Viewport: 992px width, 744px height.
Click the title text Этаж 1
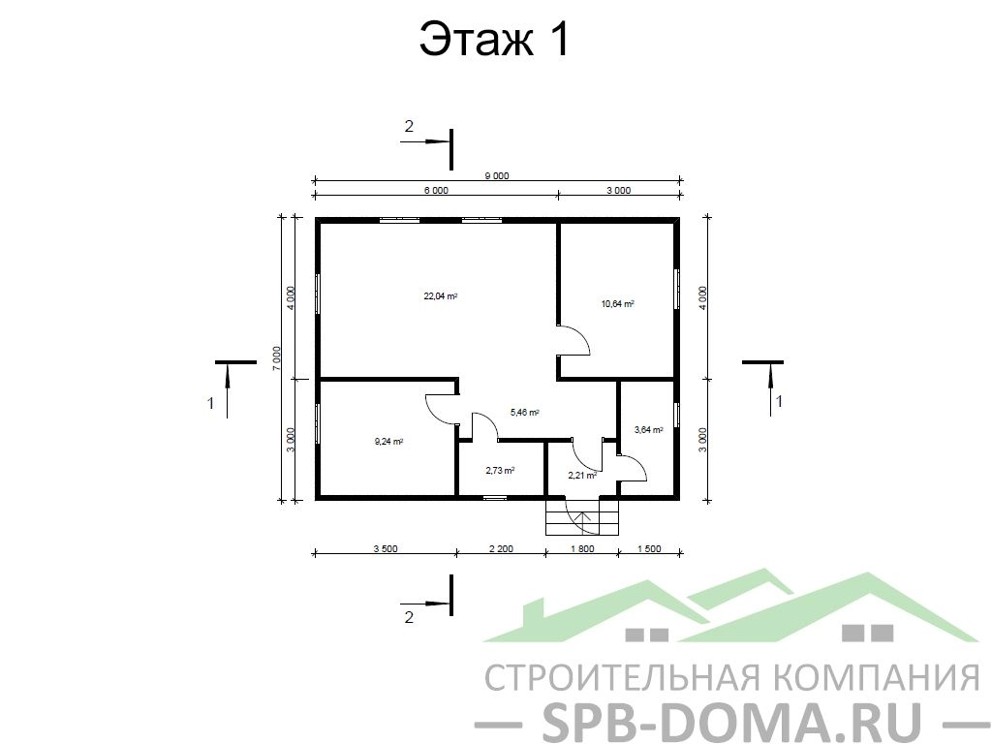click(x=495, y=39)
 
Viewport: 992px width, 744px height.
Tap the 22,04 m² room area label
click(x=441, y=295)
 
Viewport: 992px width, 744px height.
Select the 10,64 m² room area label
click(x=617, y=303)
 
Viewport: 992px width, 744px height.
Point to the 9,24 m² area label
click(x=389, y=442)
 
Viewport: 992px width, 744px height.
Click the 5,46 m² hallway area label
click(x=524, y=413)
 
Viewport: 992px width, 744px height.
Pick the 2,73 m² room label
click(x=500, y=470)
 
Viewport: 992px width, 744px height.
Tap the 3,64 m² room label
click(x=648, y=430)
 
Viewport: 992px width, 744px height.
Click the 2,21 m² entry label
click(x=582, y=475)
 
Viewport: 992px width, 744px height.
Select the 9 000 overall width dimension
click(x=497, y=176)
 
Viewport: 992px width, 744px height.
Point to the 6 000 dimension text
click(x=436, y=190)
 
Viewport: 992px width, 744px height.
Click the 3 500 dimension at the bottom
click(x=386, y=548)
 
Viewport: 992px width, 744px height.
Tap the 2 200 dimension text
click(x=501, y=548)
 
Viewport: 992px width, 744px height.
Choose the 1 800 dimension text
click(x=582, y=548)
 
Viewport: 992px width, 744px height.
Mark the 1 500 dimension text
click(x=648, y=548)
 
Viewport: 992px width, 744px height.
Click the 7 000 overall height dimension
click(x=276, y=358)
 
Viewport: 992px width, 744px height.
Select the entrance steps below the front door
click(x=582, y=516)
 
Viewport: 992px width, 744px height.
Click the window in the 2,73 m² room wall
click(x=495, y=498)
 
